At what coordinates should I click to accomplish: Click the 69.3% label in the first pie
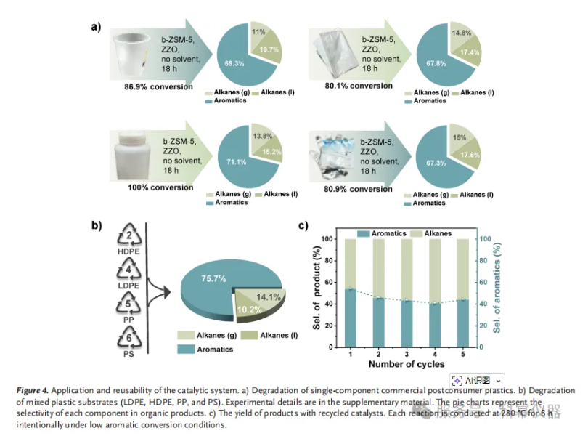(234, 64)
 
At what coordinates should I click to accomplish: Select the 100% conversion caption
(161, 187)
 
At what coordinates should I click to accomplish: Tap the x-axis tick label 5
(463, 354)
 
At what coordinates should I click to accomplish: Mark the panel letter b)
(96, 224)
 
